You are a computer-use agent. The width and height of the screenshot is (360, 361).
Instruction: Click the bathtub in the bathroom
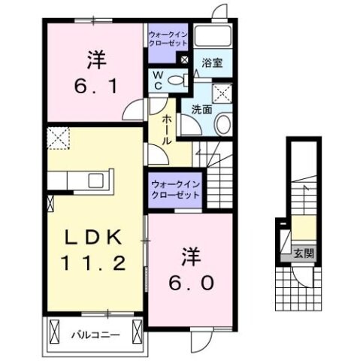pyautogui.click(x=213, y=38)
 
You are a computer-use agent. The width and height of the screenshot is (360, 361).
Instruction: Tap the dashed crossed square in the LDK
pyautogui.click(x=57, y=139)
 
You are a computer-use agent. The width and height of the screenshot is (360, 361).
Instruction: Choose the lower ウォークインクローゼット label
pyautogui.click(x=174, y=189)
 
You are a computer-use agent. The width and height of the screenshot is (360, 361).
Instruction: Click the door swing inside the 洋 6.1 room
pyautogui.click(x=134, y=112)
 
